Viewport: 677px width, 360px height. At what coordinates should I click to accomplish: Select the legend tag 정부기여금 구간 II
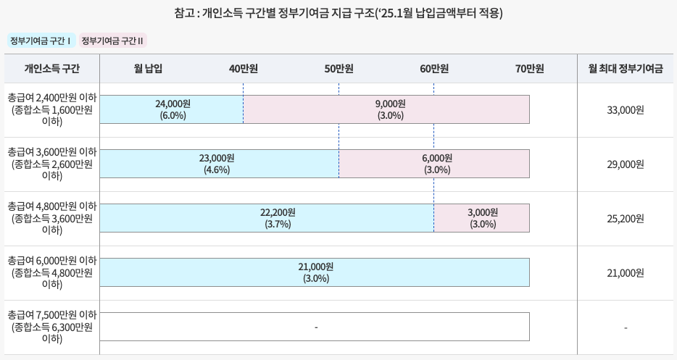pyautogui.click(x=113, y=41)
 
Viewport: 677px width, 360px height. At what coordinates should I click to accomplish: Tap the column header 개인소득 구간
pyautogui.click(x=51, y=69)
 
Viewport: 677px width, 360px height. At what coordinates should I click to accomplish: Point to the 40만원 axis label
pyautogui.click(x=244, y=69)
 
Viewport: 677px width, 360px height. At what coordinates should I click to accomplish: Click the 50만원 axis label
pyautogui.click(x=338, y=69)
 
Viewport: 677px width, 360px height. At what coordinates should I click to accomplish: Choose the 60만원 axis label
pyautogui.click(x=434, y=69)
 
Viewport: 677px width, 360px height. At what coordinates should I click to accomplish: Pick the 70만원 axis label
pyautogui.click(x=529, y=69)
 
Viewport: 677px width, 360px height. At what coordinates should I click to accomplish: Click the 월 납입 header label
pyautogui.click(x=148, y=69)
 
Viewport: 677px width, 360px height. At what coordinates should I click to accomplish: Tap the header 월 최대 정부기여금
pyautogui.click(x=626, y=69)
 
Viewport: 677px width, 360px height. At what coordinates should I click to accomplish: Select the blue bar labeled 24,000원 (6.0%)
pyautogui.click(x=172, y=109)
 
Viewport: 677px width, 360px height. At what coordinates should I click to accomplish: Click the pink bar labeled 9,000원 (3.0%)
pyautogui.click(x=386, y=109)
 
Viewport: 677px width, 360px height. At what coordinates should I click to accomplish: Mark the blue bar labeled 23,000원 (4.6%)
pyautogui.click(x=219, y=164)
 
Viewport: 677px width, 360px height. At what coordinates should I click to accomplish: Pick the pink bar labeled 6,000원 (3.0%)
pyautogui.click(x=434, y=164)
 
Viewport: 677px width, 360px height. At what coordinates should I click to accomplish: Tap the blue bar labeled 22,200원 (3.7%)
pyautogui.click(x=267, y=218)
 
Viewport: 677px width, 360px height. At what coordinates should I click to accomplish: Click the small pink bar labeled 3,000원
pyautogui.click(x=482, y=218)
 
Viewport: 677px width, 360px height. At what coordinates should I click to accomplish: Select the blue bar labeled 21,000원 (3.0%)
pyautogui.click(x=315, y=272)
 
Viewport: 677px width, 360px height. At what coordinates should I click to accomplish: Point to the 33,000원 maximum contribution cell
pyautogui.click(x=626, y=110)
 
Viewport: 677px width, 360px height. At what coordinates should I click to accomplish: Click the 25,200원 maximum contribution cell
pyautogui.click(x=626, y=219)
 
